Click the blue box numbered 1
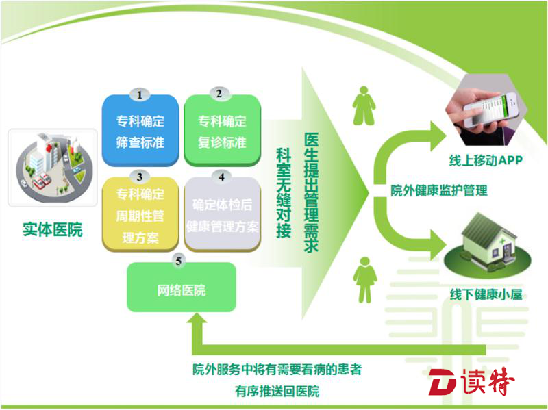[x=140, y=130]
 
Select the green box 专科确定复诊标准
[x=222, y=130]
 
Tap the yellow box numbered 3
[x=140, y=214]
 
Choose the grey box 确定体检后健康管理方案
[x=222, y=214]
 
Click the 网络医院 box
[x=182, y=287]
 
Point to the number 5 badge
[x=179, y=261]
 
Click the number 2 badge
[x=219, y=94]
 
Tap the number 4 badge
[x=221, y=177]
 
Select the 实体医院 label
[x=53, y=229]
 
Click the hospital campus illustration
[x=53, y=168]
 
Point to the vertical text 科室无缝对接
[x=284, y=193]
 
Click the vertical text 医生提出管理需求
[x=311, y=192]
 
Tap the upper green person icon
[x=364, y=105]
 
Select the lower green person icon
[x=365, y=280]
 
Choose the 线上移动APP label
[x=486, y=160]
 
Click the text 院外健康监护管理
[x=439, y=191]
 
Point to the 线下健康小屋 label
[x=486, y=294]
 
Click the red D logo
[x=443, y=383]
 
